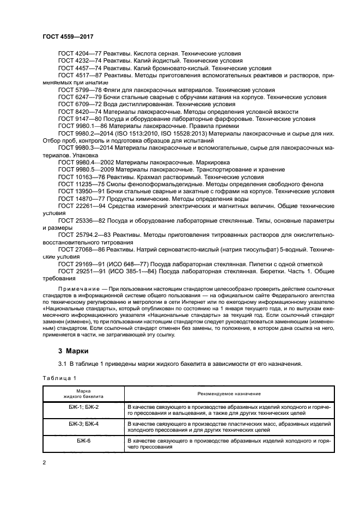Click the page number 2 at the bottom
click(x=44, y=463)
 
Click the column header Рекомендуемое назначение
click(x=229, y=393)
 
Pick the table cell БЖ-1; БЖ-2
click(x=83, y=407)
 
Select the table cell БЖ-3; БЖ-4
click(x=83, y=423)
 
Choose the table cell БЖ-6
click(x=83, y=440)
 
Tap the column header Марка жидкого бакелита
click(x=83, y=393)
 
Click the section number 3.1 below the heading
click(x=62, y=364)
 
